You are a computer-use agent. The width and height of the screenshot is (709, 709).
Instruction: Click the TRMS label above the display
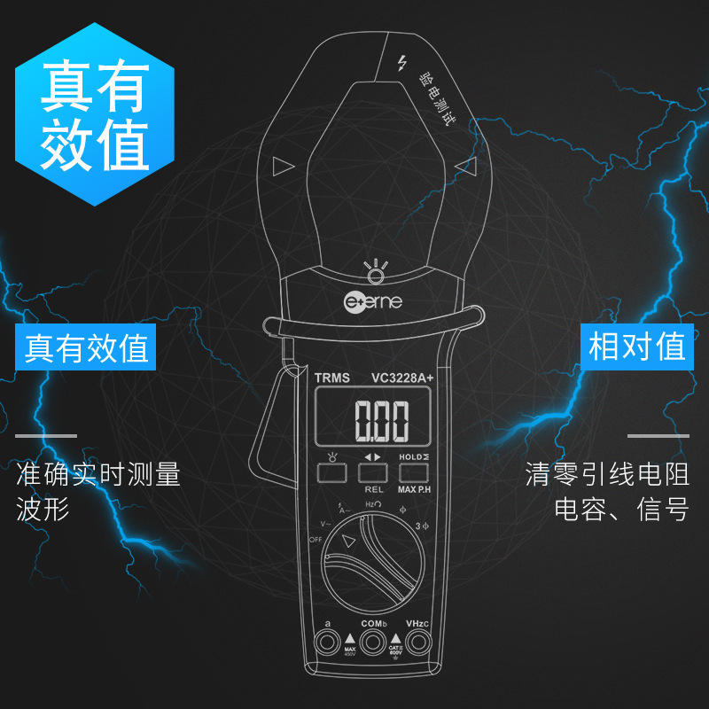[x=332, y=378]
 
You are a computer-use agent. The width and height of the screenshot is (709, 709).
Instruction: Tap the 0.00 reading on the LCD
[x=382, y=420]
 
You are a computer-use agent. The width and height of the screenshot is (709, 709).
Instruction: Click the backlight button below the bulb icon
[x=331, y=473]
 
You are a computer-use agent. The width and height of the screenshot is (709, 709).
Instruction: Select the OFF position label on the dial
[x=315, y=539]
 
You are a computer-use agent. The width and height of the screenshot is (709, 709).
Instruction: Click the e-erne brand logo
[x=373, y=301]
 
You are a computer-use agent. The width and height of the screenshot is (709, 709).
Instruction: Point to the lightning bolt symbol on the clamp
[x=402, y=63]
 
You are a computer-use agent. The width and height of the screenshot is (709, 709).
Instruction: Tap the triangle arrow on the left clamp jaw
[x=282, y=166]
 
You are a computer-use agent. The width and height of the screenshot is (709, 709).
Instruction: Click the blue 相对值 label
[x=636, y=347]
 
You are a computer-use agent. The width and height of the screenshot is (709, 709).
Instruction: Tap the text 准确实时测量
[x=98, y=475]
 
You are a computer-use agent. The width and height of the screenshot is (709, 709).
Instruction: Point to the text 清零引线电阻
[x=607, y=475]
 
